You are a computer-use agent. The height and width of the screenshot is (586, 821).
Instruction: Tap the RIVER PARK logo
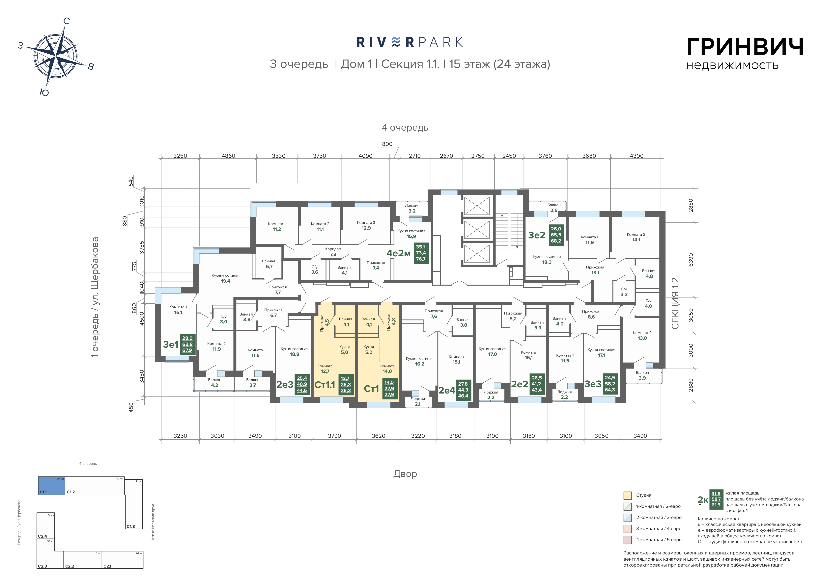coord(410,42)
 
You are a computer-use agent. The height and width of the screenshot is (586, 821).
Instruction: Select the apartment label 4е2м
coord(399,253)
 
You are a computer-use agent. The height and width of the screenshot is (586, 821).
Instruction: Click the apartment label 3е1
coord(171,345)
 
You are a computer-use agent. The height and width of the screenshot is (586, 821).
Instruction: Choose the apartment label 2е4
coord(447,390)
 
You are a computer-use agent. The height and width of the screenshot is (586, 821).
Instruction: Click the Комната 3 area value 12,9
coord(366,228)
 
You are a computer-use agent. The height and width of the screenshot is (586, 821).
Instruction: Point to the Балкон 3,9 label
coord(642,375)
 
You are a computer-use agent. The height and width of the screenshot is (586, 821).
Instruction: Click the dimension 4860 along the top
coord(228,156)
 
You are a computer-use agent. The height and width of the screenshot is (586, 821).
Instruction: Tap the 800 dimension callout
coord(387,144)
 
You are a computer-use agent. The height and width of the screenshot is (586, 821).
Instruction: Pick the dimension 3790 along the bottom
coord(334,436)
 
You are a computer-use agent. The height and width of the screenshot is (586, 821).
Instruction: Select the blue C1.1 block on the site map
coord(52,486)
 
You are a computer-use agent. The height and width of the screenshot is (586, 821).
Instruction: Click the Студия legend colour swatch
coord(628,495)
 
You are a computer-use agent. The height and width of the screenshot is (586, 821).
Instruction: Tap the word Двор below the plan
coord(405,474)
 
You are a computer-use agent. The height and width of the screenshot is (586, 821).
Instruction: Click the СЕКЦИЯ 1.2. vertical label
coord(675,302)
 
